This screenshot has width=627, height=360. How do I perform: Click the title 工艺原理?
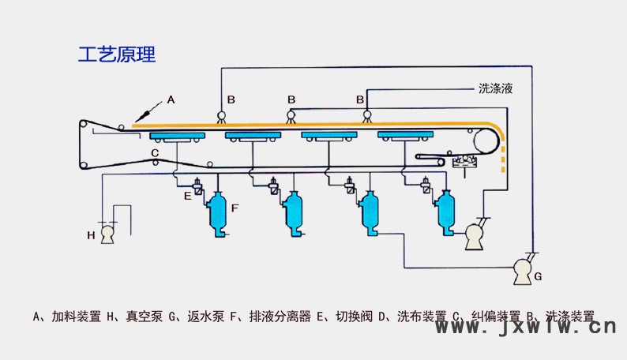pyautogui.click(x=117, y=54)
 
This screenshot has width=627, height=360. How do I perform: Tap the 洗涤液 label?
pyautogui.click(x=496, y=88)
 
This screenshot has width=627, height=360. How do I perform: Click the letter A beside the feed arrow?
pyautogui.click(x=171, y=100)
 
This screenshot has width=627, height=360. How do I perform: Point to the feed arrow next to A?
pyautogui.click(x=146, y=113)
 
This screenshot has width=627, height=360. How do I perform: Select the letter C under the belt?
pyautogui.click(x=155, y=152)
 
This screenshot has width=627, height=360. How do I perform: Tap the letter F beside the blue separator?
pyautogui.click(x=235, y=208)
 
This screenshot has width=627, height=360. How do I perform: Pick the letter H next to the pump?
pyautogui.click(x=90, y=234)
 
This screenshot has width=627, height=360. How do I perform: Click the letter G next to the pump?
pyautogui.click(x=538, y=276)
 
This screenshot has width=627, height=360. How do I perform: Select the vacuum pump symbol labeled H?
pyautogui.click(x=108, y=234)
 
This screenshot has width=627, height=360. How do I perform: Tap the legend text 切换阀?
pyautogui.click(x=353, y=317)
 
